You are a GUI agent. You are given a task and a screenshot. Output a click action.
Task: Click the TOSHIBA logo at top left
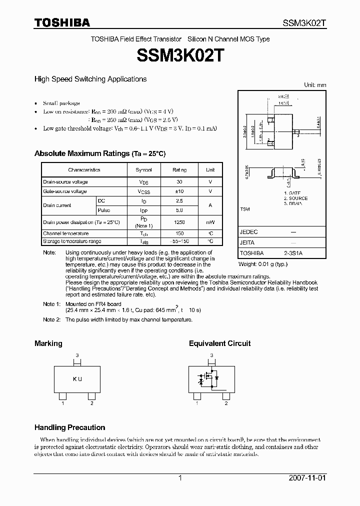tap(62, 22)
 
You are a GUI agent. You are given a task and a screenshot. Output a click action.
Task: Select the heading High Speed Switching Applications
tap(90, 79)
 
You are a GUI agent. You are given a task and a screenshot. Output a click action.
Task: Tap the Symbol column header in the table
tap(144, 170)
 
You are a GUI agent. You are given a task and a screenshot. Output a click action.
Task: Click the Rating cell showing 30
tap(179, 182)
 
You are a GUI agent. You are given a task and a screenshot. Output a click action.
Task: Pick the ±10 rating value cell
tap(179, 191)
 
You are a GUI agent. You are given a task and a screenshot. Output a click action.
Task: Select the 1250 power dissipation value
tap(179, 221)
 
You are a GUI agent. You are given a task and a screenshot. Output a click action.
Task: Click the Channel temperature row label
tap(65, 233)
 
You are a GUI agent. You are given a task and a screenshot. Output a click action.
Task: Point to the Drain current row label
tap(57, 205)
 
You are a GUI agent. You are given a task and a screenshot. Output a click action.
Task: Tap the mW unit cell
tap(210, 221)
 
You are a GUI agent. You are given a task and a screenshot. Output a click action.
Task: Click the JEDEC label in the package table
tap(248, 232)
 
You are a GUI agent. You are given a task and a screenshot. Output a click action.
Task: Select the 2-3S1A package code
tap(293, 253)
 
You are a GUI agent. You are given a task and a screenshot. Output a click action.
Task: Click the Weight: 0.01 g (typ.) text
tap(263, 263)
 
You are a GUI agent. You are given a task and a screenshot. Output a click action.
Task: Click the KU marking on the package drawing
tap(77, 379)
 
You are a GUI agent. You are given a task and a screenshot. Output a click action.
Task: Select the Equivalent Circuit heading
tap(219, 343)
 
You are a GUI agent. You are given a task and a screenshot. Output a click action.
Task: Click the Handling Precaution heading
tap(69, 427)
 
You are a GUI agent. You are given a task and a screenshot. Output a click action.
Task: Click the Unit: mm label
tap(315, 85)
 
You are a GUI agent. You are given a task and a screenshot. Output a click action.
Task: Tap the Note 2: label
tap(51, 319)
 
